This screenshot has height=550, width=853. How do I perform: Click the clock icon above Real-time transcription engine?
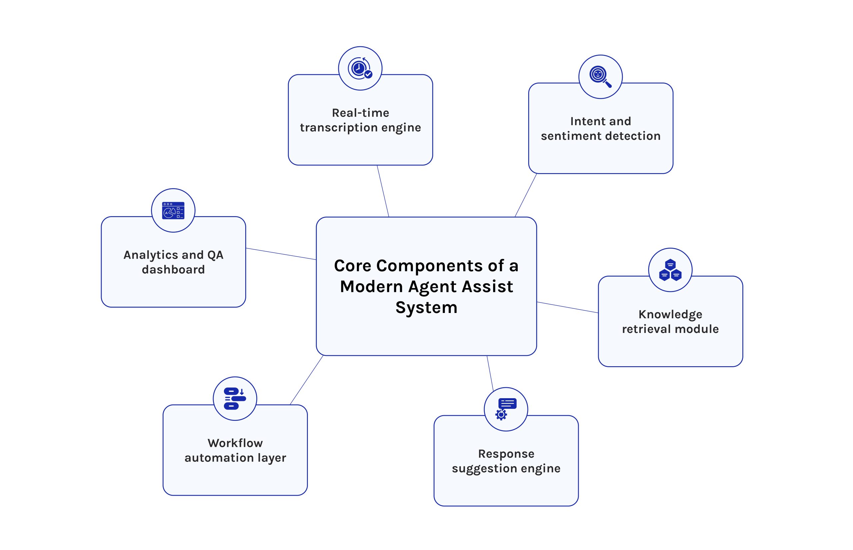tap(360, 68)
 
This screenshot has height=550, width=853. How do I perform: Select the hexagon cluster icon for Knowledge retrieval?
tap(670, 270)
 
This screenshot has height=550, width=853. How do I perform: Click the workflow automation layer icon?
tap(235, 399)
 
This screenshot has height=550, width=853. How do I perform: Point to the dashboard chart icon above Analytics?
tap(173, 210)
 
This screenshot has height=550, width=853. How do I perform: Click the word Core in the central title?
tap(353, 266)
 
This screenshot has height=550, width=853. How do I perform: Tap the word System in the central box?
tap(426, 308)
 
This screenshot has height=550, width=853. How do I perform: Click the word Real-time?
tap(360, 113)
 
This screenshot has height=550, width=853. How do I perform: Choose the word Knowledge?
tap(670, 314)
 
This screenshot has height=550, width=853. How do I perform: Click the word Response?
tap(506, 453)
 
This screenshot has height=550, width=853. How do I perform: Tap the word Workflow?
tap(235, 443)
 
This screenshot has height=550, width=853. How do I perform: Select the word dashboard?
tap(173, 269)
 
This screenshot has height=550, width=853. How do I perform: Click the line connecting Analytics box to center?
tap(281, 254)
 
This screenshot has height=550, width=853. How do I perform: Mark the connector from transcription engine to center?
tap(383, 191)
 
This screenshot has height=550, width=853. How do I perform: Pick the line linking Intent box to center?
tap(526, 195)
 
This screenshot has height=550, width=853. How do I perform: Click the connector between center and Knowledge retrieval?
tap(567, 308)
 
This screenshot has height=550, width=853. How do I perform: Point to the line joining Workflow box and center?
tap(307, 380)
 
